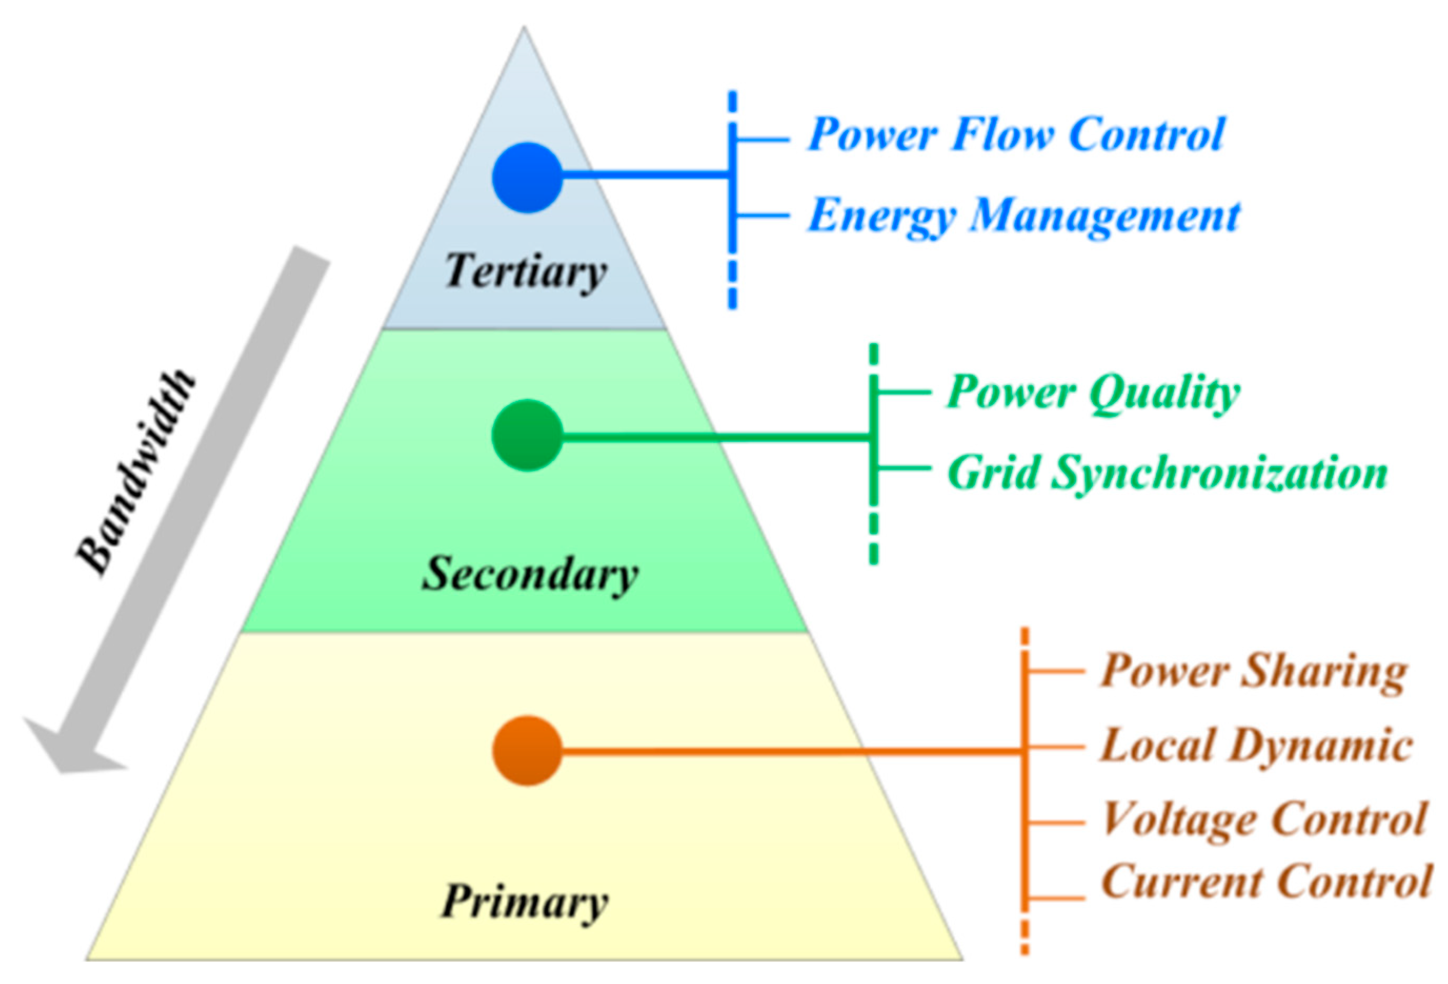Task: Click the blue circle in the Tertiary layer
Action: (x=527, y=178)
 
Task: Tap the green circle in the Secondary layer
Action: (x=527, y=435)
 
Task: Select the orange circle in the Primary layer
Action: (x=527, y=750)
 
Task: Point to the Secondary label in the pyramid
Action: (x=530, y=574)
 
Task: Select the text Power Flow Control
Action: (x=1016, y=135)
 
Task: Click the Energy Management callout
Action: (x=1023, y=216)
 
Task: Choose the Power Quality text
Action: (x=1093, y=393)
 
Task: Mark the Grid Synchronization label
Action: (x=1167, y=473)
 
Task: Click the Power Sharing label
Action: (x=1253, y=672)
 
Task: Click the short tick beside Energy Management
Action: (x=762, y=216)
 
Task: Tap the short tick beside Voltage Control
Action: (x=1056, y=823)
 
